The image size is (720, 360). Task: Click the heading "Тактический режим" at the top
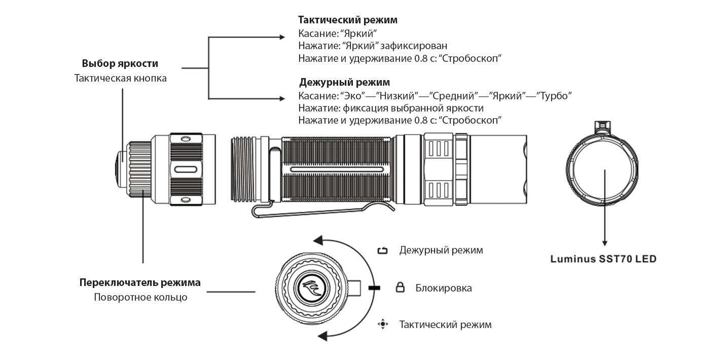tap(347, 20)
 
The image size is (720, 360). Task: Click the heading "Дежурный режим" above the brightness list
tap(344, 82)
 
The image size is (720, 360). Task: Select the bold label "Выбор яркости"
tap(120, 64)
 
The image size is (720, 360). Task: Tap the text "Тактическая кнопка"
tap(120, 79)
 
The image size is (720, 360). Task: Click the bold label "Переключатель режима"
tap(140, 283)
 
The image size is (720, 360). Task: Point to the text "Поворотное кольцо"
tap(140, 298)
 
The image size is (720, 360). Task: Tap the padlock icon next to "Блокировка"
tap(400, 288)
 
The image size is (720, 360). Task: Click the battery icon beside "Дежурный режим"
tap(383, 250)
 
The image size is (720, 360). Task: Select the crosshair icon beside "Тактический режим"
tap(383, 324)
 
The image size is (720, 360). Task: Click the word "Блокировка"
tap(444, 289)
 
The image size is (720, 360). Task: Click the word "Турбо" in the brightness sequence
tap(556, 96)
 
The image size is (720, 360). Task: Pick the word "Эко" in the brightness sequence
tap(351, 96)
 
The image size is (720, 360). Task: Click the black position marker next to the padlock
tap(375, 288)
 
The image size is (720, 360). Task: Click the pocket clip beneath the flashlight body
tap(325, 210)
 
